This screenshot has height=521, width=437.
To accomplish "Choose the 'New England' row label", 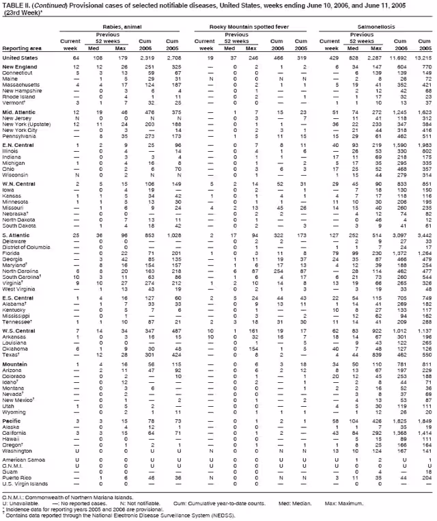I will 20,68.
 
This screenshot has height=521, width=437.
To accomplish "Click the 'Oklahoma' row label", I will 17,349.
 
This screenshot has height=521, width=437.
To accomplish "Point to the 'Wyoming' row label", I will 16,395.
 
